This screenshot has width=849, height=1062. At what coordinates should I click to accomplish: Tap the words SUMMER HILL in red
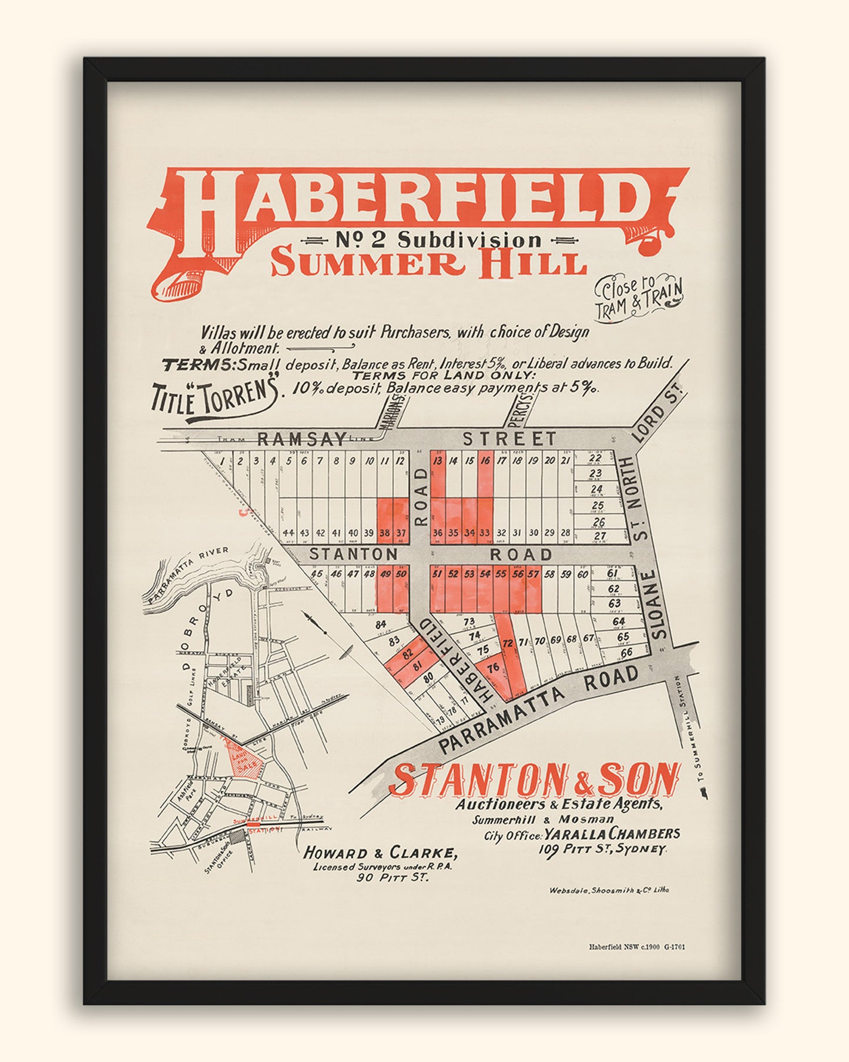[x=428, y=263]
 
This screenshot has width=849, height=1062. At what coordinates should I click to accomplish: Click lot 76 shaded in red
[x=493, y=667]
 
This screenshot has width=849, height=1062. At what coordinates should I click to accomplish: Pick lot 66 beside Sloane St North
[x=626, y=652]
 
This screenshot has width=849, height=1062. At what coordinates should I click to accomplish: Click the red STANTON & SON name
[x=535, y=779]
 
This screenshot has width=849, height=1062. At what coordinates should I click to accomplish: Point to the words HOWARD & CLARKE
[x=380, y=853]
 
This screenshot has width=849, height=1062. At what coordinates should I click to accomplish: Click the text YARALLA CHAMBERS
[x=612, y=834]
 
